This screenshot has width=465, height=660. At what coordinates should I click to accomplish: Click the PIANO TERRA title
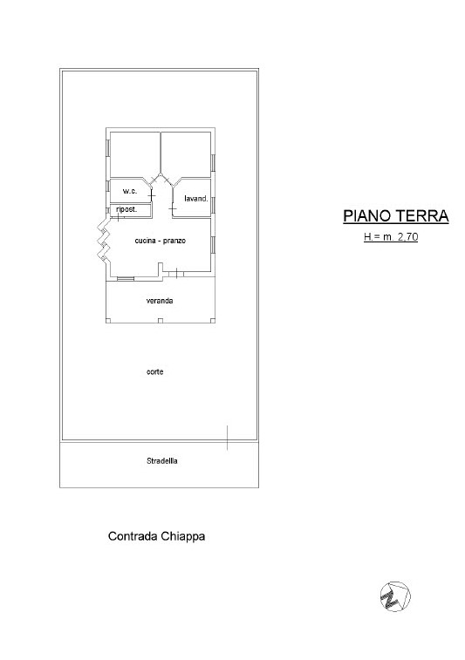396,216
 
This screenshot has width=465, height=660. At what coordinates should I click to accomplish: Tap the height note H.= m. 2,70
391,237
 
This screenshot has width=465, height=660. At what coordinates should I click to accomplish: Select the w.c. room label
130,191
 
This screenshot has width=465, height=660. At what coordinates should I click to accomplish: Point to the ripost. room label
127,209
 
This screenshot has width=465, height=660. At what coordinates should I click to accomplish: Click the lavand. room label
196,199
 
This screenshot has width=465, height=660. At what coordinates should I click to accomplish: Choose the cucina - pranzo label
160,241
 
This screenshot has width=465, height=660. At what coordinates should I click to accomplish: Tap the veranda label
160,301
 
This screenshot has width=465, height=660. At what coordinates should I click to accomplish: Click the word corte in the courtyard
154,372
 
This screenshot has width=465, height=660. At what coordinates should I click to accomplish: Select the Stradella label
161,461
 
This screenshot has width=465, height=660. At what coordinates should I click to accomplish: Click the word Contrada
133,536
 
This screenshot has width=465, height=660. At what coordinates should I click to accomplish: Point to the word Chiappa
182,537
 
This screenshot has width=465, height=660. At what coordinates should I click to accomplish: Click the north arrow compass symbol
395,596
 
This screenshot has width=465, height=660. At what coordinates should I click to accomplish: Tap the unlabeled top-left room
134,154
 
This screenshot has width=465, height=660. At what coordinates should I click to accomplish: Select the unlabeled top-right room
186,154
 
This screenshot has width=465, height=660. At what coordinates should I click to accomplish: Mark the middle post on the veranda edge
160,321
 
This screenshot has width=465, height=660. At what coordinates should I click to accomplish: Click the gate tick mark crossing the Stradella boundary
228,438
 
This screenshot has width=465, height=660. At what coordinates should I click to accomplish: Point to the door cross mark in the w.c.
152,195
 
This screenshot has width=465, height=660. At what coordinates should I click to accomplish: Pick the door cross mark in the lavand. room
173,208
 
